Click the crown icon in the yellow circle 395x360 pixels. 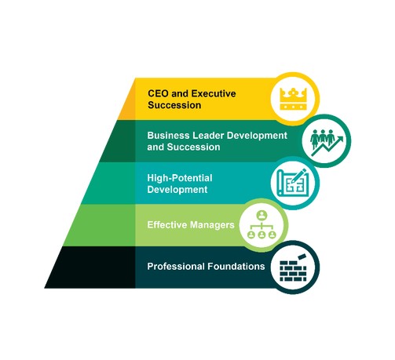pyautogui.click(x=293, y=99)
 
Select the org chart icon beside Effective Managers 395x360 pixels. pyautogui.click(x=262, y=225)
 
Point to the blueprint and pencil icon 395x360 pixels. pyautogui.click(x=293, y=183)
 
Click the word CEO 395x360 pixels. pyautogui.click(x=159, y=93)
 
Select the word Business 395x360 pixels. pyautogui.click(x=168, y=136)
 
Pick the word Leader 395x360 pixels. pyautogui.click(x=208, y=136)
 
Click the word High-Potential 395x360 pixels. pyautogui.click(x=180, y=178)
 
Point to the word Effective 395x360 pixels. pyautogui.click(x=167, y=225)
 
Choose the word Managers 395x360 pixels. pyautogui.click(x=212, y=225)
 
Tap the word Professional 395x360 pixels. pyautogui.click(x=176, y=267)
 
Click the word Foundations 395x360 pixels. pyautogui.click(x=236, y=267)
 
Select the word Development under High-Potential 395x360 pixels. pyautogui.click(x=177, y=190)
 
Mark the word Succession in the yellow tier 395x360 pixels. pyautogui.click(x=174, y=105)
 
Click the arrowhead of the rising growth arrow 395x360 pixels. pyautogui.click(x=340, y=140)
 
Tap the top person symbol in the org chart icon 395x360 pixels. pyautogui.click(x=262, y=215)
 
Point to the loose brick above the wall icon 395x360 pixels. pyautogui.click(x=302, y=256)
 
